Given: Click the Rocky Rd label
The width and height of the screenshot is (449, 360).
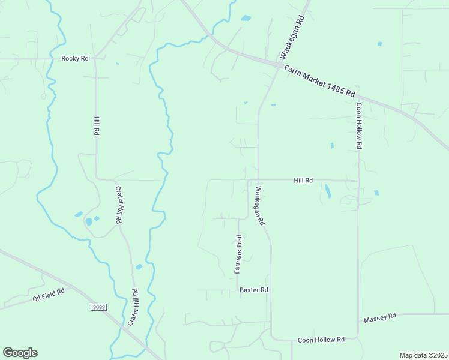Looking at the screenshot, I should (x=75, y=58).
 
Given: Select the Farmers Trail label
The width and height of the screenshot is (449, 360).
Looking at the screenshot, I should (x=238, y=254).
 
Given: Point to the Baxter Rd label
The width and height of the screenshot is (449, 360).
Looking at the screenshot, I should (x=253, y=290).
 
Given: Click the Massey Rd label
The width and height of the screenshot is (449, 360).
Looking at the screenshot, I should (x=380, y=316).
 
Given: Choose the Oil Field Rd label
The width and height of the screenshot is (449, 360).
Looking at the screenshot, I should (x=47, y=294).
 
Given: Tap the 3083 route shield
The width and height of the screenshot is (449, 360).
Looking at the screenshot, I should (x=99, y=307).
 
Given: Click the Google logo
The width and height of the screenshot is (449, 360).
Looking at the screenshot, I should (x=20, y=353).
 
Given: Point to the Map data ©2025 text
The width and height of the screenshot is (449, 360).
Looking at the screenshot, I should (x=423, y=355).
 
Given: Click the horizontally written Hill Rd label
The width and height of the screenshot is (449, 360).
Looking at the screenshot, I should (x=303, y=180).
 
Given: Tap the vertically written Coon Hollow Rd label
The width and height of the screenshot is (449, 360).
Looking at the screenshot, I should (x=359, y=126).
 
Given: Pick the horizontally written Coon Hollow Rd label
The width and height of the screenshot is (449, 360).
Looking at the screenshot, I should (x=321, y=340).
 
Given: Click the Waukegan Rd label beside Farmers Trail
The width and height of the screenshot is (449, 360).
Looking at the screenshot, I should (x=259, y=206).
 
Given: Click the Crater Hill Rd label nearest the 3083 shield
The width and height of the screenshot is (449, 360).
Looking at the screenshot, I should (x=134, y=307).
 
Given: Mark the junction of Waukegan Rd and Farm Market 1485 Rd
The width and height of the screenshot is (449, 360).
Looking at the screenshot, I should (x=280, y=64).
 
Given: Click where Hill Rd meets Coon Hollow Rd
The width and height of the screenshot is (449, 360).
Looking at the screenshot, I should (x=358, y=180).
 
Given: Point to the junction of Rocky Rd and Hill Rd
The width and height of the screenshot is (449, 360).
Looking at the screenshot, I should (x=95, y=59).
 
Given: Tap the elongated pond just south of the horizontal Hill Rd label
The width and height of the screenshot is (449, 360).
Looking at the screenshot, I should (x=327, y=191).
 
